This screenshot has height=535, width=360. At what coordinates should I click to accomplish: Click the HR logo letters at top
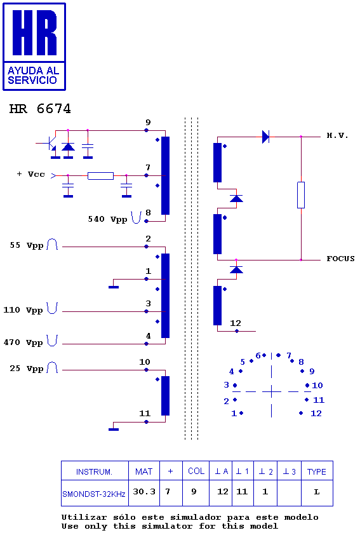click(34, 32)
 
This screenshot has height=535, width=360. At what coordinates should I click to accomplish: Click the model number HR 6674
click(40, 109)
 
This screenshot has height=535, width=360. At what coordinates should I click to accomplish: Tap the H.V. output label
click(338, 135)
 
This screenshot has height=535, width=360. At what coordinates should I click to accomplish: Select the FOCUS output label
click(340, 259)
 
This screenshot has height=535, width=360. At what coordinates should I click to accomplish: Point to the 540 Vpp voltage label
click(107, 219)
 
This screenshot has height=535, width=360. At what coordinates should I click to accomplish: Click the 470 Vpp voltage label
click(23, 342)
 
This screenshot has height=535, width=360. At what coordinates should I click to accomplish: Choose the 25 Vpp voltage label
click(26, 369)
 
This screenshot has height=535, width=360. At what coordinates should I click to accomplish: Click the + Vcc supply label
click(30, 174)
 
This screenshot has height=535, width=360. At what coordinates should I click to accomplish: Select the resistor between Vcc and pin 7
click(100, 176)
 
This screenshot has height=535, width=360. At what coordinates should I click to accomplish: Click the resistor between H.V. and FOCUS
click(301, 195)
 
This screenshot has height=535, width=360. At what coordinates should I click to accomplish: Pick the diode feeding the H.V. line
click(266, 137)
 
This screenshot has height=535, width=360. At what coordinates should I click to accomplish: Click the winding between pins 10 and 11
click(165, 396)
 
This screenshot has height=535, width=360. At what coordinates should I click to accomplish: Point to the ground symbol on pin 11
click(114, 430)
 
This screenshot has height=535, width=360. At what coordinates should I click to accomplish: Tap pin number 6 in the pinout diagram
click(258, 356)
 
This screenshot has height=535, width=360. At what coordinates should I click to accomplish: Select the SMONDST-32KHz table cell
click(95, 493)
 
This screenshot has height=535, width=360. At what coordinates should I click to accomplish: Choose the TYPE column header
click(317, 471)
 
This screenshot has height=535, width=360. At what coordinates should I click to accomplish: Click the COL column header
click(196, 471)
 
